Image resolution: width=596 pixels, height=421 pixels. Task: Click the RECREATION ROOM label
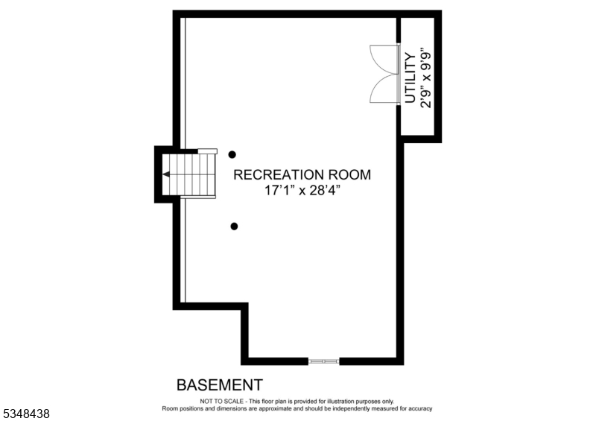coord(302,175)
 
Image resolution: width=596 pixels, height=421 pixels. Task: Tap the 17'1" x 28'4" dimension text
coord(302,191)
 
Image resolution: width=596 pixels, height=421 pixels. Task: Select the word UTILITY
coord(410,77)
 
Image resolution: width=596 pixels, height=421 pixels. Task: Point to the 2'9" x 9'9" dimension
coord(426,77)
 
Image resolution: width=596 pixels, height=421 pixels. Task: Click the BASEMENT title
coord(219,385)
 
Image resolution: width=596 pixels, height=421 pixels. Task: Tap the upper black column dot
coord(232,154)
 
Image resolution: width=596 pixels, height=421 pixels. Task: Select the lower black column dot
coord(234,226)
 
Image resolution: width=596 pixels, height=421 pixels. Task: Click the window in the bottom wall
coord(324,361)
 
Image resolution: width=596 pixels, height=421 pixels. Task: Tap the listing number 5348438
coord(25,412)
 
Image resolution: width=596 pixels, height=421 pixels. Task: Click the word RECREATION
coord(279,175)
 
